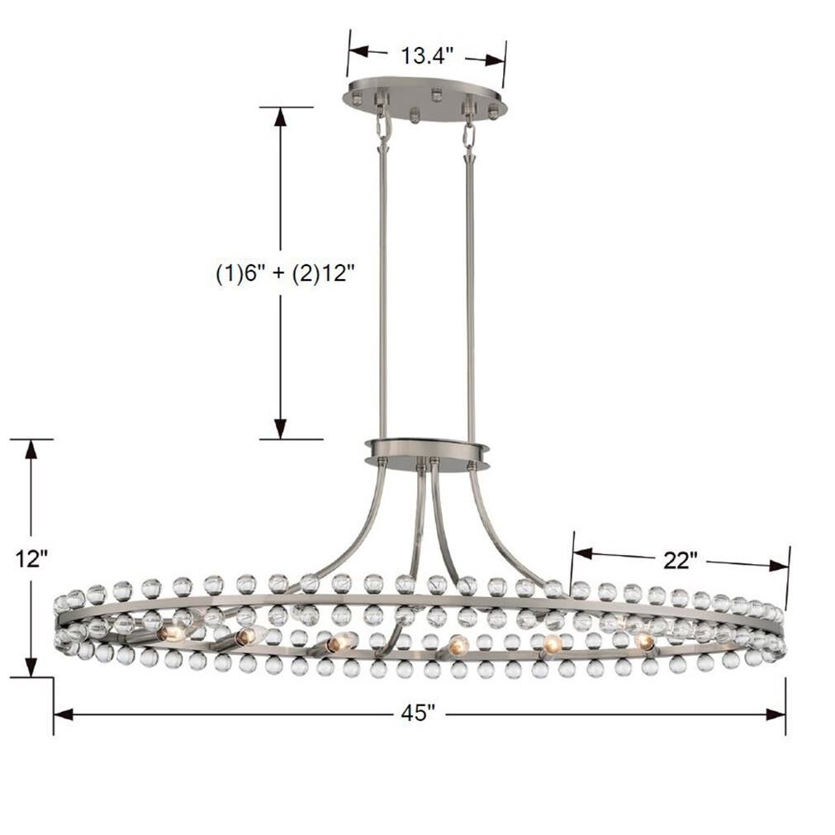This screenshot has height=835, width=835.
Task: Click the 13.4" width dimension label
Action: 427,56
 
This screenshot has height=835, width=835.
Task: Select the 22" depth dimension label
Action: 681,560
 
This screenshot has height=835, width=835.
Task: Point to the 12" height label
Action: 31,559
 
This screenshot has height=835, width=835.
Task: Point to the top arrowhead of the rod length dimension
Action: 281,117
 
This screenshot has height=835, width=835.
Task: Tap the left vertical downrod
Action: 383,289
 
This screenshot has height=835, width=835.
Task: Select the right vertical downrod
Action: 470,289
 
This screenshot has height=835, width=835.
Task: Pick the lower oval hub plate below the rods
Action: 426,453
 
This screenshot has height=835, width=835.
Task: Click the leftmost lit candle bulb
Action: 172,633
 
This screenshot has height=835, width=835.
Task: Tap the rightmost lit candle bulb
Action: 645,641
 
